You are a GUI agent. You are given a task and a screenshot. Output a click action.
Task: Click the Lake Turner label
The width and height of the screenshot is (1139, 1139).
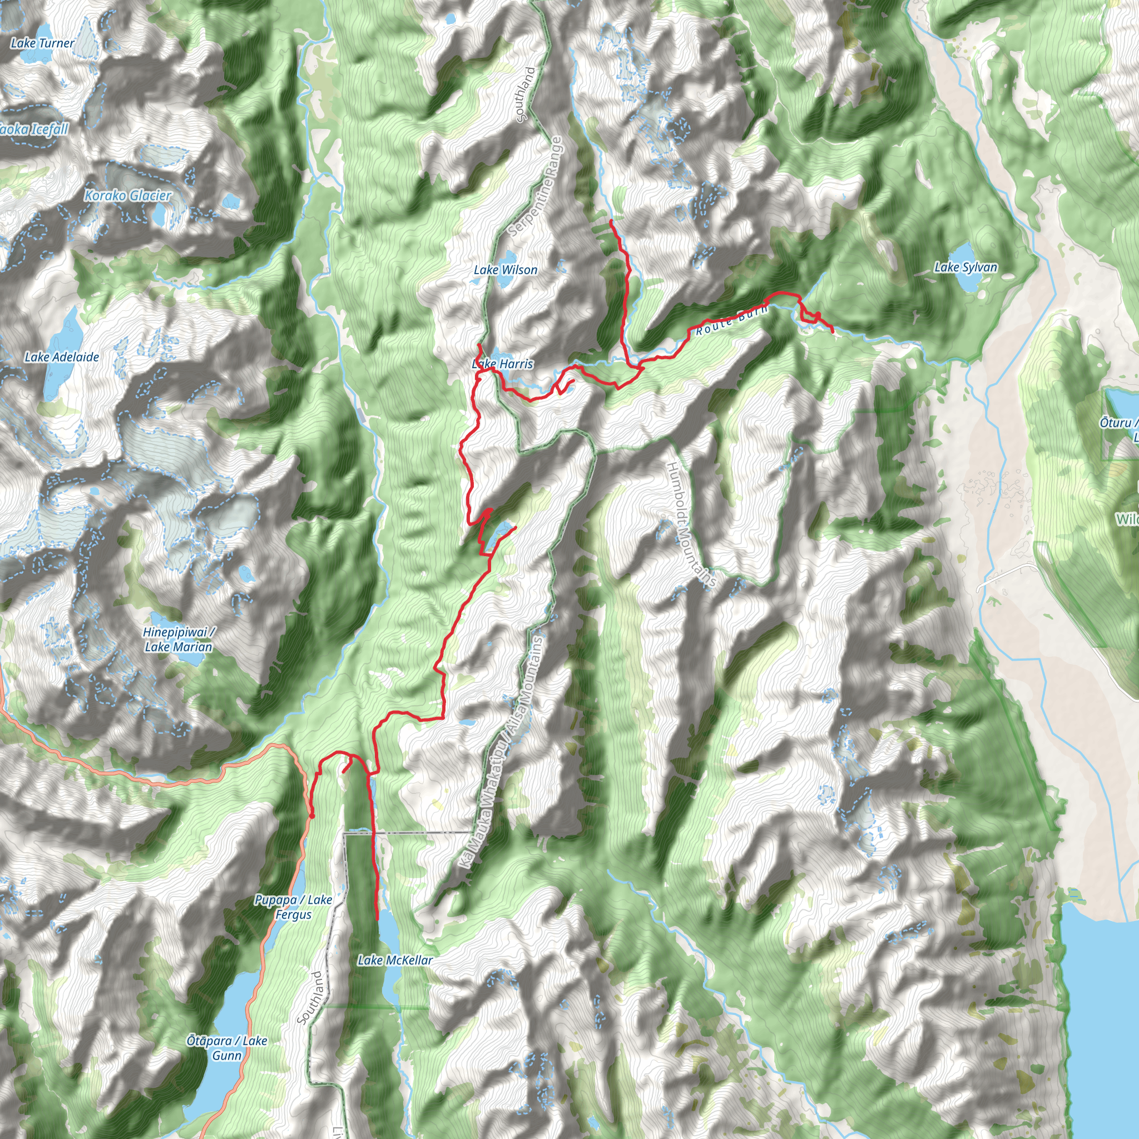click(42, 43)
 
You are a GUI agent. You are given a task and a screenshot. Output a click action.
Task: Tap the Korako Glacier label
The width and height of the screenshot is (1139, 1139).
click(127, 195)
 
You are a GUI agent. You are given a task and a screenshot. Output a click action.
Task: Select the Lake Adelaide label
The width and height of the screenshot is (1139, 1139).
click(62, 356)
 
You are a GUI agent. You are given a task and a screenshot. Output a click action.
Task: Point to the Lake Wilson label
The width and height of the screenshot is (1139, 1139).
click(505, 270)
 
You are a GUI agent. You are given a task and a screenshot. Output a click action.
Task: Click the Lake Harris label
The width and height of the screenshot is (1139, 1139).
click(502, 364)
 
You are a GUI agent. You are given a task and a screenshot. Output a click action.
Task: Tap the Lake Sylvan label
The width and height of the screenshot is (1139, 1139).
click(965, 267)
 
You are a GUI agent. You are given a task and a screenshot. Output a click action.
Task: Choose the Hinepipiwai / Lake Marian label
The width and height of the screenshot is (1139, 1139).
click(178, 640)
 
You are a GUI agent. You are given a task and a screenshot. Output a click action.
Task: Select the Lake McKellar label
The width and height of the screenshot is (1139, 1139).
click(395, 960)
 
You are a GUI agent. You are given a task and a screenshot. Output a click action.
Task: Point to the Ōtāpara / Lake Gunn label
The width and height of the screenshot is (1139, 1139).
click(227, 1048)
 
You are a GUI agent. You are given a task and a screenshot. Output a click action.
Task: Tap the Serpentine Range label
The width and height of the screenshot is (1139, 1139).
click(536, 187)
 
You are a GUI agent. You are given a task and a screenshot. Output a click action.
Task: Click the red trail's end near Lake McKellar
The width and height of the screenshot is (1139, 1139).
click(377, 919)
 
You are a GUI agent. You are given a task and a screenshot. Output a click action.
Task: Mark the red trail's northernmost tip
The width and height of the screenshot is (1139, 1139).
click(611, 220)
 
